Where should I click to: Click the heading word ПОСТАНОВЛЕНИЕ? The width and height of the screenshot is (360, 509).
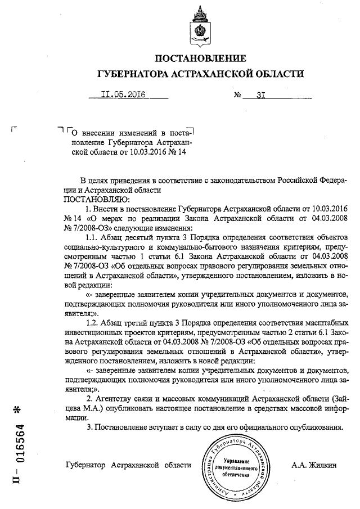pyautogui.click(x=200, y=58)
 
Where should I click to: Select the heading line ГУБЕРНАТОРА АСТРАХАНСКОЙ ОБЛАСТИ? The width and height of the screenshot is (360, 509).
pyautogui.click(x=200, y=74)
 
